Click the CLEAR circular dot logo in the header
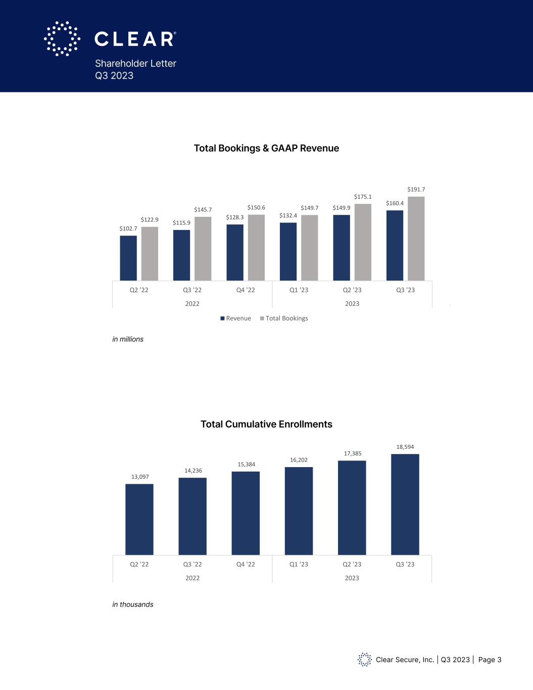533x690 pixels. tap(62, 38)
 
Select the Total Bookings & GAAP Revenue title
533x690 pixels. tap(266, 148)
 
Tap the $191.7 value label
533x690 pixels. tap(416, 190)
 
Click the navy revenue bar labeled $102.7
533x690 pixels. tap(128, 258)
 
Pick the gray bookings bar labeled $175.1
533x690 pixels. tap(363, 242)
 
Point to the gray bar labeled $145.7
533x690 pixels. tap(203, 249)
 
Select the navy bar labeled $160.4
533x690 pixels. tap(395, 245)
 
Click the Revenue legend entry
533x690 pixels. tap(235, 318)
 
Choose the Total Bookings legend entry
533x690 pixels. tap(284, 318)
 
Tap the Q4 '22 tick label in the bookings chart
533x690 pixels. tap(246, 290)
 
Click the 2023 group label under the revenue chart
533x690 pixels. tap(352, 304)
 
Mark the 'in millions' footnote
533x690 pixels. tap(128, 339)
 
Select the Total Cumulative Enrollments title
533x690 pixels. tap(266, 424)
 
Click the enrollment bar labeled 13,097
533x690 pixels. tap(139, 519)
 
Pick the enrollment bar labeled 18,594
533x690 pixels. tap(405, 504)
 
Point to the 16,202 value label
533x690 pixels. tap(299, 460)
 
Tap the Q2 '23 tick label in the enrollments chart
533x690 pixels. tap(352, 564)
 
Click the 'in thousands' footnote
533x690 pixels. tap(132, 605)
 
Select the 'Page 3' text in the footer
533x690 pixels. tap(490, 660)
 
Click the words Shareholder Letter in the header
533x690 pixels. tap(135, 64)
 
